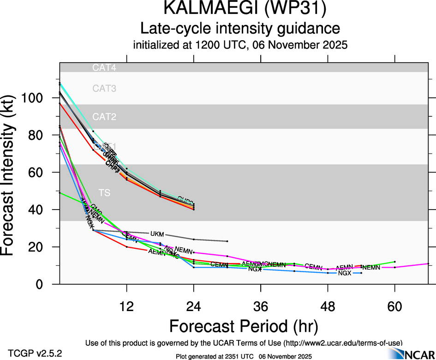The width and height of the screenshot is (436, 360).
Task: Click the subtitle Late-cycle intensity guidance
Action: point(240,29)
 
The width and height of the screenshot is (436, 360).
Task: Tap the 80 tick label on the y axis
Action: point(38,135)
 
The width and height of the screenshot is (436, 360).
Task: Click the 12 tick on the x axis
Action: point(126,306)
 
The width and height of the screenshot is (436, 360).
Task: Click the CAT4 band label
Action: point(104,68)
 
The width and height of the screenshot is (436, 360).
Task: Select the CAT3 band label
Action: point(104,88)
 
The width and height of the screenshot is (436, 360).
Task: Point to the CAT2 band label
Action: point(104,116)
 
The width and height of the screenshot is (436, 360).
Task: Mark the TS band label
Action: point(105,192)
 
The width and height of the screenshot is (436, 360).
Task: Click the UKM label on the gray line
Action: point(157,234)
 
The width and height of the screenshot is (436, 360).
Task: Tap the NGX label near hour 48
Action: point(345,273)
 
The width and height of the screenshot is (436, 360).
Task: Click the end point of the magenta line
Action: point(429,264)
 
